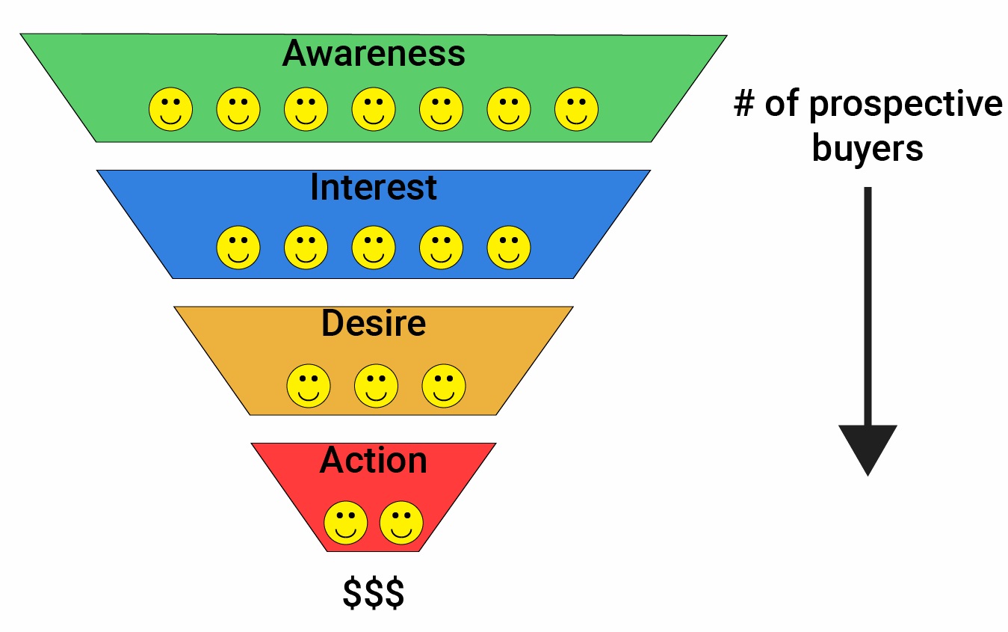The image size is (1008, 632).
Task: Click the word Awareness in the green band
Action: coord(374,54)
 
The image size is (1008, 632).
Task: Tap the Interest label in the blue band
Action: coord(374,187)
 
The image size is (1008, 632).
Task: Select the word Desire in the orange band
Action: coord(374,323)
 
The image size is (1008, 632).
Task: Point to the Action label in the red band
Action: coord(374,460)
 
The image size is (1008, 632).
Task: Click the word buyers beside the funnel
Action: coord(868,148)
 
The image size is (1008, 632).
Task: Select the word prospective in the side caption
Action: coord(906,105)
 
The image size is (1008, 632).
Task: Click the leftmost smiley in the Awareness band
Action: coord(170,109)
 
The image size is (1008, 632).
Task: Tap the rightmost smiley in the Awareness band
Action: coord(576,109)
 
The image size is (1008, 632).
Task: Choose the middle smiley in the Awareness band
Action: coord(374,109)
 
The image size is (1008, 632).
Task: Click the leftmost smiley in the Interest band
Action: coord(238,248)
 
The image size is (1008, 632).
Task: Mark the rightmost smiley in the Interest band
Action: coord(509,248)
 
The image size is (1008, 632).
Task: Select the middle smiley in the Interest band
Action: coord(374,248)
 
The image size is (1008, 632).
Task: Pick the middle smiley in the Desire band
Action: coord(376,385)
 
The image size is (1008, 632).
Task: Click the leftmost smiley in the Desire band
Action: coord(309,385)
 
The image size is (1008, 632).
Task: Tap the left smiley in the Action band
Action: coord(345,522)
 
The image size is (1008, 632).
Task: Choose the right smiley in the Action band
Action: coord(401,522)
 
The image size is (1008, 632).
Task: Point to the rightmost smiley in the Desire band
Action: coord(444,385)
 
